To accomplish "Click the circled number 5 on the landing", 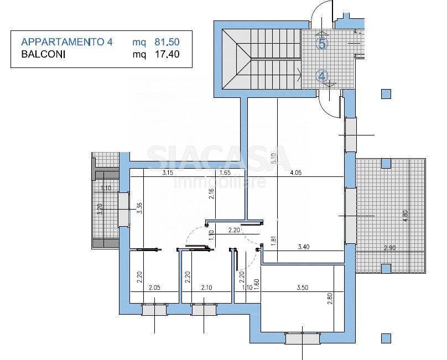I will pyautogui.click(x=322, y=43).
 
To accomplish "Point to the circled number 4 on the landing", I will pyautogui.click(x=322, y=76).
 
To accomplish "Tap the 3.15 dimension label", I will pyautogui.click(x=168, y=173).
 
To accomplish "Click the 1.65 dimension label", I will pyautogui.click(x=225, y=173).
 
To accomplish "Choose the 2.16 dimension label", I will pyautogui.click(x=211, y=194).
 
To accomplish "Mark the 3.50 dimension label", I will pyautogui.click(x=302, y=288).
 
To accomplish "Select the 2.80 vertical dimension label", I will pyautogui.click(x=330, y=299).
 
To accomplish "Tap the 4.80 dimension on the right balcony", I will pyautogui.click(x=406, y=216).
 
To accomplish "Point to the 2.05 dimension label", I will pyautogui.click(x=154, y=288).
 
